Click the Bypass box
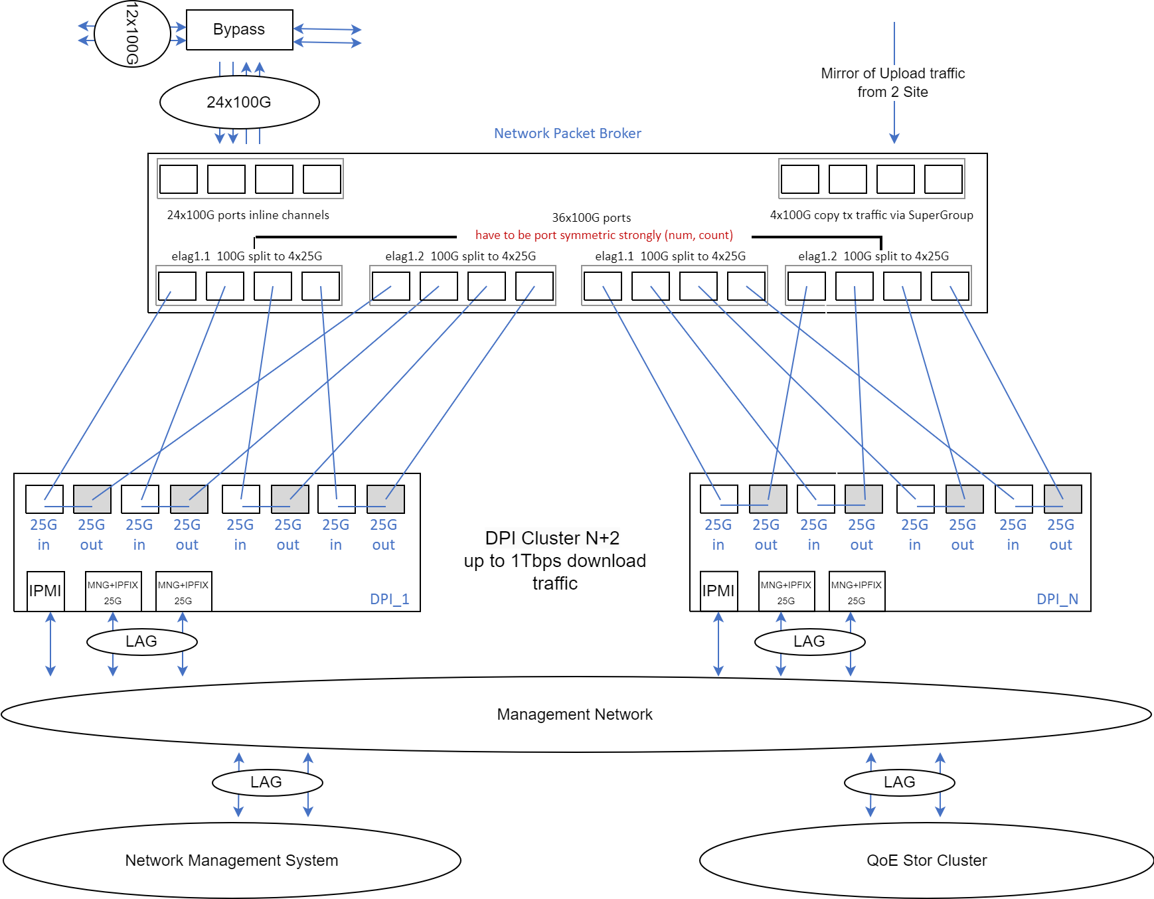click(239, 30)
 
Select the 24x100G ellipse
click(239, 102)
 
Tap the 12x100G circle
click(132, 34)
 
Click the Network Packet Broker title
click(567, 133)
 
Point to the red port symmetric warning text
click(604, 235)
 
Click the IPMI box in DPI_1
click(45, 591)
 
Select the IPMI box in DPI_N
click(718, 591)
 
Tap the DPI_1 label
click(389, 599)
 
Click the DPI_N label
click(1057, 599)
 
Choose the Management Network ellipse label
click(574, 714)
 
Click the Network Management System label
click(231, 860)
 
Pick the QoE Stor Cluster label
click(926, 860)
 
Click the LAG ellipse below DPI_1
click(141, 641)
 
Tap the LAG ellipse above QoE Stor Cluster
click(899, 782)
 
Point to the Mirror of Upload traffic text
click(892, 82)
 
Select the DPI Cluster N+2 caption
click(554, 560)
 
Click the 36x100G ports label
click(591, 218)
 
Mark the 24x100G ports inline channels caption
click(248, 215)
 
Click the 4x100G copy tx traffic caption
click(871, 215)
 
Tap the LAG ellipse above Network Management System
click(266, 782)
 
